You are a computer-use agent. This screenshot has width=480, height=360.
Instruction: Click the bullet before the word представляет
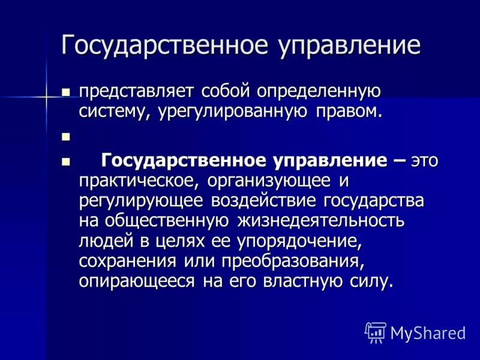(x=66, y=92)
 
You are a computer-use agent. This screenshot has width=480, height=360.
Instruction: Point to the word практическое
(x=139, y=181)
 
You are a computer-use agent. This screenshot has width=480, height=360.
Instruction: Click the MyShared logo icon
(x=376, y=331)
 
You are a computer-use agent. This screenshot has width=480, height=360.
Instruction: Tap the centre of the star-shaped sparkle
(x=46, y=95)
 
